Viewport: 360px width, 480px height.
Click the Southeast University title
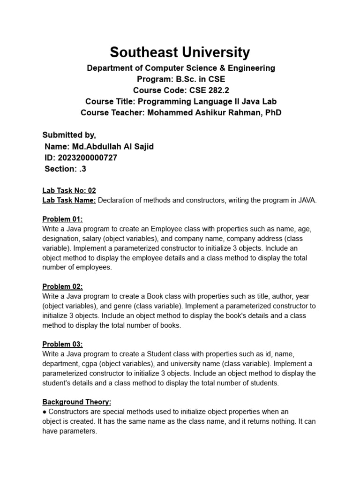pos(180,52)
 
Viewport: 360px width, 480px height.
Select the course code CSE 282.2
pos(201,90)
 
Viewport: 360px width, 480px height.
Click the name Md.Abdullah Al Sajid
pos(112,146)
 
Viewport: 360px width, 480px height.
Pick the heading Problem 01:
pos(62,219)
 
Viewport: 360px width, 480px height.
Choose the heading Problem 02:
pos(62,286)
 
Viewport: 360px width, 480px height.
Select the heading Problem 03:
pos(62,344)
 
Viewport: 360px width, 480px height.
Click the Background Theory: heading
pos(77,402)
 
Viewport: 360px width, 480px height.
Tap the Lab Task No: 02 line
pos(69,190)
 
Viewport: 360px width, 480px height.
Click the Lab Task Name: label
pos(69,201)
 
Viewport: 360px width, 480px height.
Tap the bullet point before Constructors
pos(44,412)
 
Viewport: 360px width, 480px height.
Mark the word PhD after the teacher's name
pos(273,113)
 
